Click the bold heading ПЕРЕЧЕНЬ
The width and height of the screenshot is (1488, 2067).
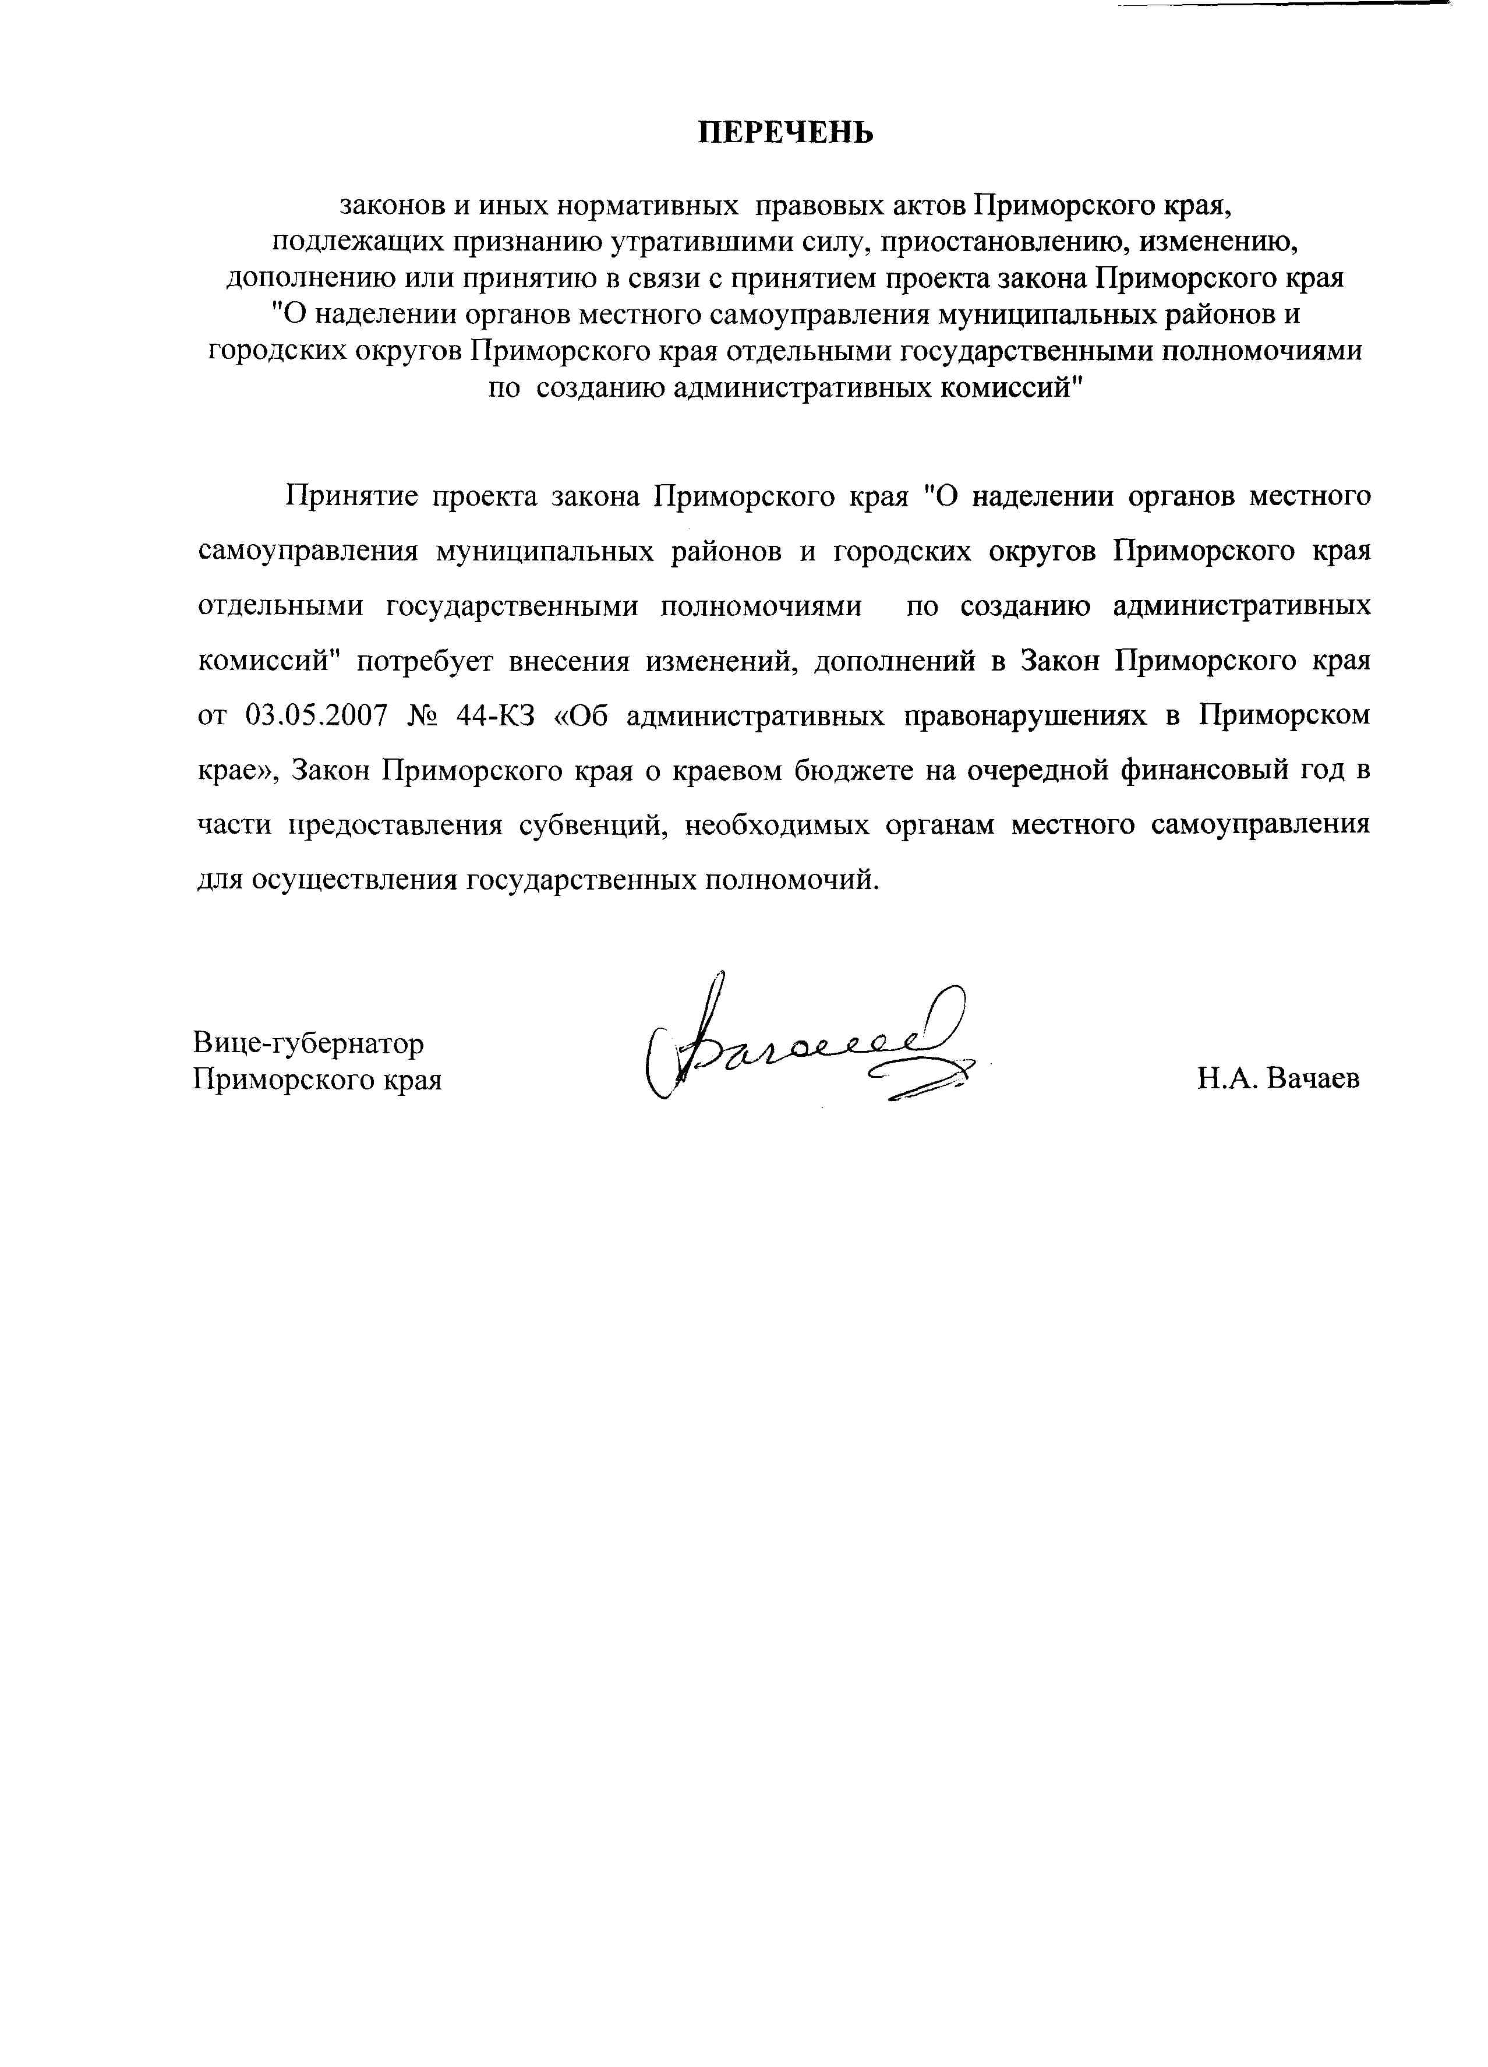coord(786,133)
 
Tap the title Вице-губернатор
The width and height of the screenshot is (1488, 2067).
coord(308,1043)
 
